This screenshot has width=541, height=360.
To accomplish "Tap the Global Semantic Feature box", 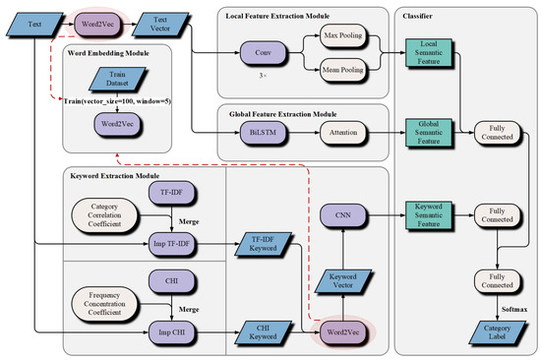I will point(430,131).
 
